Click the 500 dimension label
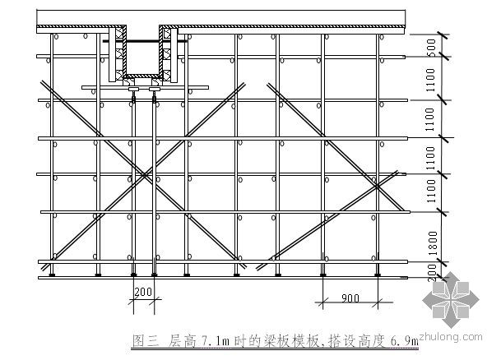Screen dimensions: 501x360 pyautogui.click(x=432, y=48)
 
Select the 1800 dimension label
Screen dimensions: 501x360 pyautogui.click(x=433, y=243)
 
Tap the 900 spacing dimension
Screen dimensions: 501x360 pyautogui.click(x=350, y=298)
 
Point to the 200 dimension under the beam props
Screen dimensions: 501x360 pyautogui.click(x=143, y=292)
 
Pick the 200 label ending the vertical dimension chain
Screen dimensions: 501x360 pyautogui.click(x=432, y=273)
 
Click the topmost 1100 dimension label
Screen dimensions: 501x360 pyautogui.click(x=431, y=80)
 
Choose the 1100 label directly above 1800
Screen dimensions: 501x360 pyautogui.click(x=431, y=191)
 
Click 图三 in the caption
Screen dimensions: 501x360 pyautogui.click(x=146, y=341)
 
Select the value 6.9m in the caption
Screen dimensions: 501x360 pyautogui.click(x=404, y=341)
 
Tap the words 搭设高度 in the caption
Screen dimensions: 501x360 pyautogui.click(x=355, y=341)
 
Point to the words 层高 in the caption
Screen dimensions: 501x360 pyautogui.click(x=182, y=341)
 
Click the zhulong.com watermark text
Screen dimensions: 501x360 pyautogui.click(x=451, y=336)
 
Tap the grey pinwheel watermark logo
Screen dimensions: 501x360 pyautogui.click(x=451, y=300)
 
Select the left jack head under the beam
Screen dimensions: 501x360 pyautogui.click(x=133, y=89)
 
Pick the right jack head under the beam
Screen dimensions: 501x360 pyautogui.click(x=155, y=89)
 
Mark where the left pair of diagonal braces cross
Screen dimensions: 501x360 pyautogui.click(x=144, y=174)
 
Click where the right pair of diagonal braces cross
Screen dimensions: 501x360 pyautogui.click(x=377, y=186)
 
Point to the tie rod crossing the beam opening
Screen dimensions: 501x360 pyautogui.click(x=145, y=41)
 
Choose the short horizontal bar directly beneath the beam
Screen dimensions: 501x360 pyautogui.click(x=145, y=87)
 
